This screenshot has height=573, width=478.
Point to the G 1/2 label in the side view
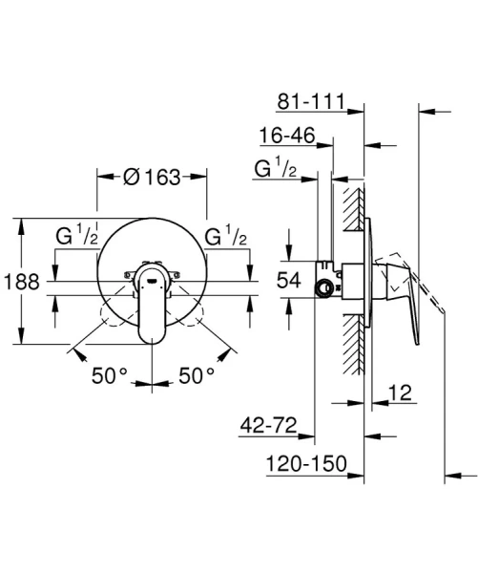(275, 171)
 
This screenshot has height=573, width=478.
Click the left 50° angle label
(111, 375)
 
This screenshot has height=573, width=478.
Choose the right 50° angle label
(197, 375)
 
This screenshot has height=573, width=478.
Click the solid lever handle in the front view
(153, 306)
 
